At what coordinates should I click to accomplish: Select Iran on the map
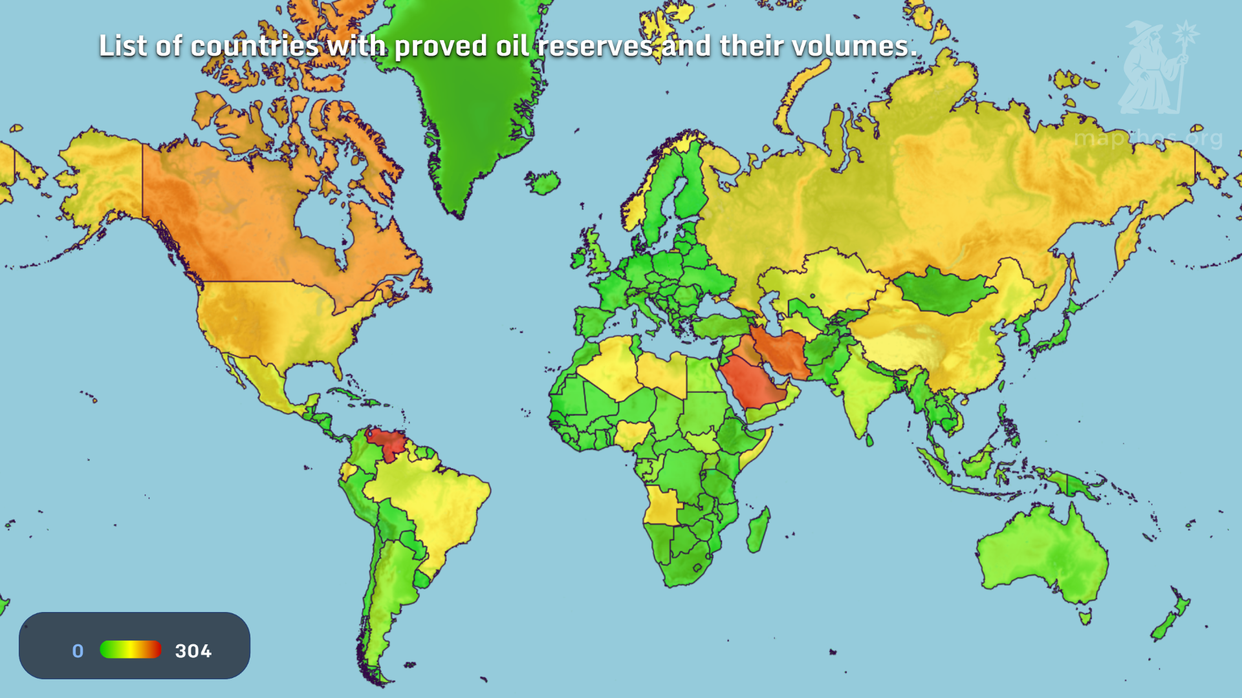pyautogui.click(x=784, y=354)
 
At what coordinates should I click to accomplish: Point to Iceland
pyautogui.click(x=543, y=182)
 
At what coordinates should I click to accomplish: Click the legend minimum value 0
pyautogui.click(x=78, y=651)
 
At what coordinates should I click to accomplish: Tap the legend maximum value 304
pyautogui.click(x=193, y=651)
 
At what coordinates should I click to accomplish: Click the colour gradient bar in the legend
pyautogui.click(x=131, y=650)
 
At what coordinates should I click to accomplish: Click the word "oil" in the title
pyautogui.click(x=512, y=46)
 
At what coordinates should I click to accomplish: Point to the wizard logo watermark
pyautogui.click(x=1155, y=68)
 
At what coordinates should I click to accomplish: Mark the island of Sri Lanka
pyautogui.click(x=869, y=441)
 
